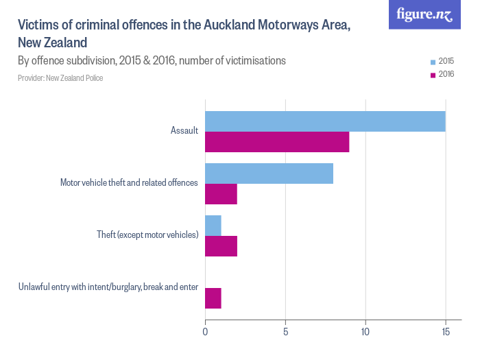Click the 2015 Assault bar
click(x=325, y=121)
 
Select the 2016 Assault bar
click(x=277, y=142)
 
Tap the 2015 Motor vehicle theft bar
click(x=269, y=173)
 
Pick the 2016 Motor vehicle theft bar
click(x=221, y=194)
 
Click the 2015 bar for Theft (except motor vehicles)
click(x=213, y=226)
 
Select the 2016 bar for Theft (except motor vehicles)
click(x=221, y=246)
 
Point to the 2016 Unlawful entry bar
click(x=213, y=298)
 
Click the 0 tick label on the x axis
click(x=205, y=333)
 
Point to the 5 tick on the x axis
click(x=285, y=333)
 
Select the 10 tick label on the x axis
click(x=365, y=333)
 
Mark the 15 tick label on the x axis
click(x=446, y=333)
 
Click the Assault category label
click(x=184, y=130)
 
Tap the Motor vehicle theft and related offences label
click(x=129, y=183)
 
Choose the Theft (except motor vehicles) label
click(x=147, y=235)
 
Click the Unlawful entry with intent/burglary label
click(x=108, y=287)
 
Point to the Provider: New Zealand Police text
click(x=60, y=78)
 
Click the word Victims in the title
click(x=38, y=25)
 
